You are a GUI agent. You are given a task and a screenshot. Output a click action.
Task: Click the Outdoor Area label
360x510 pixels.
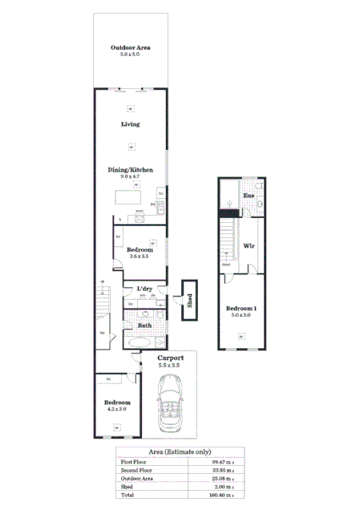pyautogui.click(x=131, y=48)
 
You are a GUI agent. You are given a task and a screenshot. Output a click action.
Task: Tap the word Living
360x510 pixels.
pyautogui.click(x=131, y=124)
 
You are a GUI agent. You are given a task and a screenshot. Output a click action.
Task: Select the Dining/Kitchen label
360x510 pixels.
pyautogui.click(x=131, y=170)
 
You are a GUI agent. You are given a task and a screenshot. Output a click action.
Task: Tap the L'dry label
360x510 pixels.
pyautogui.click(x=145, y=288)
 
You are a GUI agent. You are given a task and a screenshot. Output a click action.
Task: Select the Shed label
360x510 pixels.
pyautogui.click(x=190, y=300)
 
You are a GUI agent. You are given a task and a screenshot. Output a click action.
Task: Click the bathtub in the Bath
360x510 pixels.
pyautogui.click(x=144, y=342)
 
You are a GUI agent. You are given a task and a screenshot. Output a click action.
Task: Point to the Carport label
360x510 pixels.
pyautogui.click(x=170, y=358)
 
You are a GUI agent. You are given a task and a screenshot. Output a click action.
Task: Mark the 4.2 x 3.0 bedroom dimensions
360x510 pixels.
pyautogui.click(x=116, y=409)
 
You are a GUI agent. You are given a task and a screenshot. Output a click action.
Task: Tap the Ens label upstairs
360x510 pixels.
pyautogui.click(x=249, y=196)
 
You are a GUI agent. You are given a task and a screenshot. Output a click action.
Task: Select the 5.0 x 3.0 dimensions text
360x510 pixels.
pyautogui.click(x=241, y=316)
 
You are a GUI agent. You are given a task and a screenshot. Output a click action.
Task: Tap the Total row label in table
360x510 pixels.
pyautogui.click(x=127, y=495)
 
